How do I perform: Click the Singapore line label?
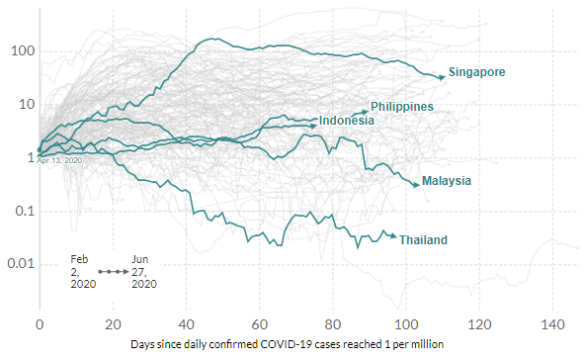(477, 71)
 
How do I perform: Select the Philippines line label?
(402, 107)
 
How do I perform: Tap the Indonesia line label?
(346, 121)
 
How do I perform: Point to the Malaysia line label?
(447, 181)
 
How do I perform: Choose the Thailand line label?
(423, 239)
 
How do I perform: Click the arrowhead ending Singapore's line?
(442, 78)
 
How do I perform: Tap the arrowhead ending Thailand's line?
(393, 236)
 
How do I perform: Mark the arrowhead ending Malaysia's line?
(416, 185)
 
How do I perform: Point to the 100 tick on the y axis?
(23, 50)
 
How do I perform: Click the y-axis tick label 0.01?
(21, 264)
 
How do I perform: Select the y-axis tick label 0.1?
(25, 211)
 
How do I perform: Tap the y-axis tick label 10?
(27, 104)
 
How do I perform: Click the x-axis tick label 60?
(259, 324)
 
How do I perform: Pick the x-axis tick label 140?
(552, 324)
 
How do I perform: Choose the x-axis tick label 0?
(40, 324)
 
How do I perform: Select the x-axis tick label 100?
(406, 324)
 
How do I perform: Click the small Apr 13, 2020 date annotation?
(59, 160)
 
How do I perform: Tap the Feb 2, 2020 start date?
(83, 272)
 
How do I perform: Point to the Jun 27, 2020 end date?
(144, 272)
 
